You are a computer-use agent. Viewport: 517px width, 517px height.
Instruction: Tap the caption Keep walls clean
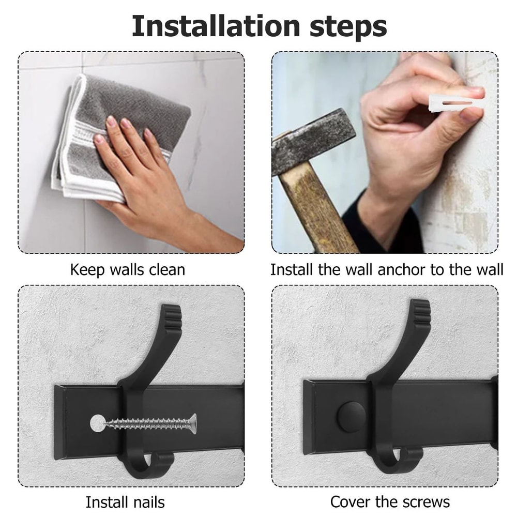click(127, 269)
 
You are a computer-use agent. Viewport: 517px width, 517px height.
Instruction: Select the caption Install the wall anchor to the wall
click(387, 269)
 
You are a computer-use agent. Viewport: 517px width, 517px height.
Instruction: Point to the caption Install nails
click(125, 502)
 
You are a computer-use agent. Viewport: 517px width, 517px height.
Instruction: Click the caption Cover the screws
click(390, 501)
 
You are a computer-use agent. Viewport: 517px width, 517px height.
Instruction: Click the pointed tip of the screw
click(107, 424)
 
